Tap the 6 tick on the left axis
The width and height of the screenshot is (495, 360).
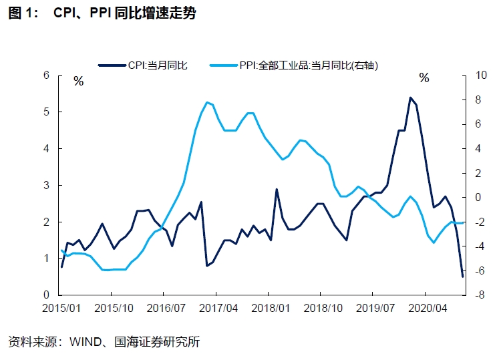(x=46, y=75)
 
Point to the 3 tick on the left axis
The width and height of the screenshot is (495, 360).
(x=46, y=185)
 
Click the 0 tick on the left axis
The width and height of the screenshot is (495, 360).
(x=46, y=295)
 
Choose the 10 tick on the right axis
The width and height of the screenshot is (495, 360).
(x=480, y=75)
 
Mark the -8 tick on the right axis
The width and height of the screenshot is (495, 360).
(x=479, y=295)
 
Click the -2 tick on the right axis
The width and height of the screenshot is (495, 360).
(x=479, y=222)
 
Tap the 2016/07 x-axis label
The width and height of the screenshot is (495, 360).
(x=165, y=309)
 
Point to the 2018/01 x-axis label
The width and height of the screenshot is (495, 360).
(x=269, y=309)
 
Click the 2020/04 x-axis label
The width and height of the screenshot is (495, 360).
(x=426, y=309)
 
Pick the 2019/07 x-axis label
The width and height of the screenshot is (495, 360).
(x=373, y=309)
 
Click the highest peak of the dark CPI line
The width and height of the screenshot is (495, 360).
(x=409, y=98)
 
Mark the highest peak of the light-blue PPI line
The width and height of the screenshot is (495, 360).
(x=208, y=102)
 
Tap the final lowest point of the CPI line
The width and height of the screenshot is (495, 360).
(x=463, y=276)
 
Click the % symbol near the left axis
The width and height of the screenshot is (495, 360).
(x=78, y=81)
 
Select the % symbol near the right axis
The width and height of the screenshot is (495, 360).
(x=424, y=78)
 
